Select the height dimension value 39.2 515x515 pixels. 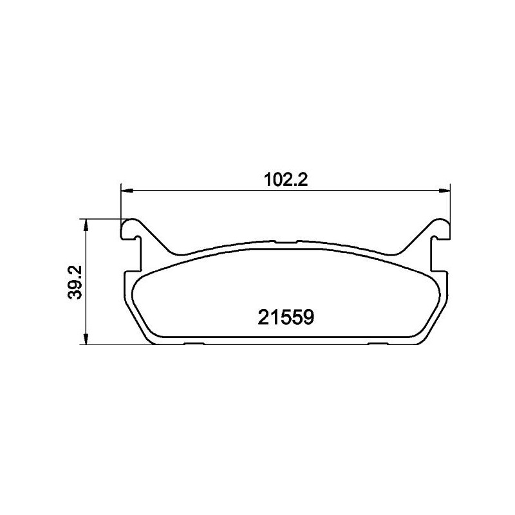(x=78, y=281)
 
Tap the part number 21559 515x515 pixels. (x=285, y=317)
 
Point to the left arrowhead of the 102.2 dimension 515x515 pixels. (x=126, y=190)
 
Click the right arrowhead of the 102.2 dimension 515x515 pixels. (x=444, y=190)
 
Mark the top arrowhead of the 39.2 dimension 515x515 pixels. (x=87, y=223)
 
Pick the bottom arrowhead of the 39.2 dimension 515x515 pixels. (x=87, y=339)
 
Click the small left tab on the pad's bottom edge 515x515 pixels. (x=194, y=343)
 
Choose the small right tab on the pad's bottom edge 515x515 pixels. (x=377, y=343)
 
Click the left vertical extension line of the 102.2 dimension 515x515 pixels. (x=121, y=203)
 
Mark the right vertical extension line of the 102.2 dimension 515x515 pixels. (x=449, y=203)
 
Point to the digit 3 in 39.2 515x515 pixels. (x=78, y=294)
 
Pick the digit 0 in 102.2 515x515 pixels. (x=276, y=181)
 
